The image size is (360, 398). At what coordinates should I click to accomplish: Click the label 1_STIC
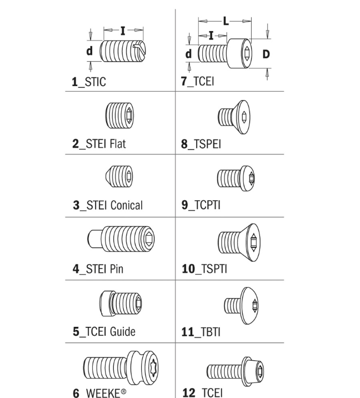point(88,82)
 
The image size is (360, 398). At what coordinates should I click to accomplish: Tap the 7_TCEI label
point(197,81)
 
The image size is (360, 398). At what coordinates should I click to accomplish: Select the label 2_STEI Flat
point(99,143)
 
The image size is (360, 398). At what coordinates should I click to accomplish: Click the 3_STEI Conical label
point(108,205)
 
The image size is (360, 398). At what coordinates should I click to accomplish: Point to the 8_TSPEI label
point(201,144)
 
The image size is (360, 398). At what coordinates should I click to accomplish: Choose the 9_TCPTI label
point(201,205)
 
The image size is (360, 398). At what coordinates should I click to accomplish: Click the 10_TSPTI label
point(204,269)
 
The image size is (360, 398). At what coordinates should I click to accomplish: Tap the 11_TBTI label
point(201,332)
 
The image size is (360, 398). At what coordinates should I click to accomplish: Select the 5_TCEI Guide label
point(104,331)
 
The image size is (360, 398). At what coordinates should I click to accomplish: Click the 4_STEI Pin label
point(98,269)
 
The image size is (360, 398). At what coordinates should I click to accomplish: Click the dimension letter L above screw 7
point(226,21)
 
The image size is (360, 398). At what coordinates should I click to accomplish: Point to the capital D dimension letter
point(266,54)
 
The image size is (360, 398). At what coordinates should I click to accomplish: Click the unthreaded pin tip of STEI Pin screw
point(94,238)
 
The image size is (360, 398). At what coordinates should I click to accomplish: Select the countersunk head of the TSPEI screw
point(241,117)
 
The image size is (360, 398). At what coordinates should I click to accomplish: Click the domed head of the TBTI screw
point(250,306)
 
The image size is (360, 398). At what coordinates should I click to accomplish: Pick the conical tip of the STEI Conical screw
point(108,176)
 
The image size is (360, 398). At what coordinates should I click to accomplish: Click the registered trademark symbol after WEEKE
point(123,391)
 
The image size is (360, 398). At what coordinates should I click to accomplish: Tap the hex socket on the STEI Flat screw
point(129,116)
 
